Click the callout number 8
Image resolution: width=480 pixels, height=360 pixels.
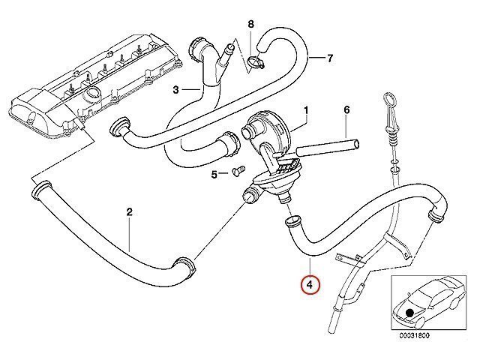tap(250, 24)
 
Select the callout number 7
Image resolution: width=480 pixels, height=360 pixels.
tap(330, 58)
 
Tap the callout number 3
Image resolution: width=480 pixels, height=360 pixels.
tap(175, 90)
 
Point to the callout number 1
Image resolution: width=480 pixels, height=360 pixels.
tap(306, 110)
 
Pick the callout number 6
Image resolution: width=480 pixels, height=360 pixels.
tap(346, 110)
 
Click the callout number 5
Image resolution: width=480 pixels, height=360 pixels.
tap(214, 175)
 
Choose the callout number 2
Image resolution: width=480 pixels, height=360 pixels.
tap(129, 211)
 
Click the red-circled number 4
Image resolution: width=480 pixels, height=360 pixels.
tap(310, 285)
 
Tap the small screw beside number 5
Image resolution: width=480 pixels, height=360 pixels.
tap(238, 169)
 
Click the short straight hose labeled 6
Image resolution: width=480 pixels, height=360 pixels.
tap(328, 147)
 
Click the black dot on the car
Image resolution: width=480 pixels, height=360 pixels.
tap(409, 313)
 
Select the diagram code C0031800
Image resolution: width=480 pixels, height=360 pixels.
tap(414, 335)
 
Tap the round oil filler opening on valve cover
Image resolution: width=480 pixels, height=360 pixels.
tap(92, 91)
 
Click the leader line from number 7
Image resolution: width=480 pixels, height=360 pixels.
tap(316, 58)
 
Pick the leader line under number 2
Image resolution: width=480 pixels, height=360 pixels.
tap(130, 234)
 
